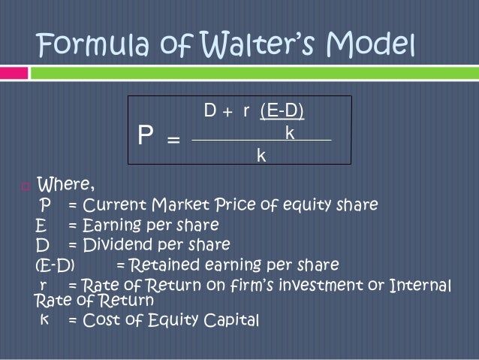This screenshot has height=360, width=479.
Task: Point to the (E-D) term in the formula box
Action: click(x=282, y=112)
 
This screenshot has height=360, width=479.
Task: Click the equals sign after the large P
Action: click(x=172, y=139)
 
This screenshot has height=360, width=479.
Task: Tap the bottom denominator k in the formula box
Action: click(x=261, y=155)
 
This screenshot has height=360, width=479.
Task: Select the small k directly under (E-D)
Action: click(x=288, y=132)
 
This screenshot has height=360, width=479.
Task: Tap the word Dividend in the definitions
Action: click(x=115, y=245)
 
